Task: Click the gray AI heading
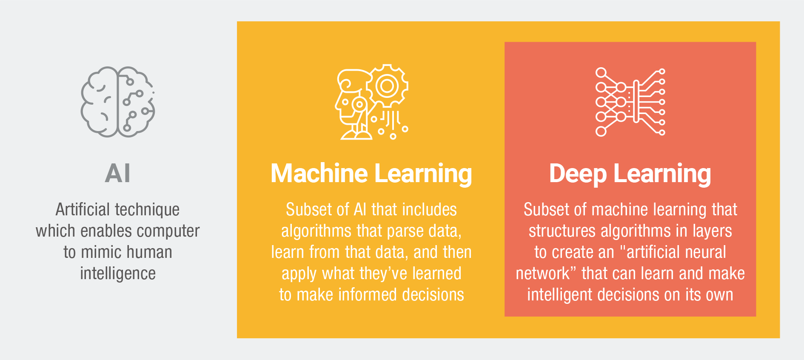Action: tap(118, 174)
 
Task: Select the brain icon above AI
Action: tap(118, 102)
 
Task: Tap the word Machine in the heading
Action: tap(319, 174)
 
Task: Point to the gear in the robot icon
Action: tap(387, 86)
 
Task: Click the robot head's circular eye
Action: tap(359, 104)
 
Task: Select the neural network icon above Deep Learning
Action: tap(630, 102)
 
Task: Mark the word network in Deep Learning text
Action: tap(542, 274)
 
